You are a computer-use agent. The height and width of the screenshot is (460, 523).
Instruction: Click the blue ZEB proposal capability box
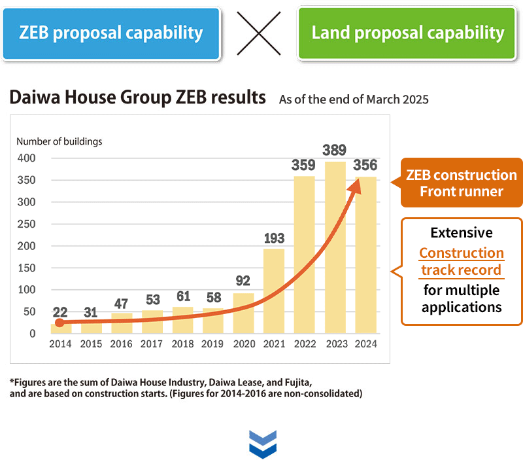pos(110,33)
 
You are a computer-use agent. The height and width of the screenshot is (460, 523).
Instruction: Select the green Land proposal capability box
pos(408,33)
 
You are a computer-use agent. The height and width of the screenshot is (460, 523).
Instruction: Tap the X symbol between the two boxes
pos(259,33)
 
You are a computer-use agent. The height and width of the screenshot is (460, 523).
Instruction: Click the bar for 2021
pos(274,291)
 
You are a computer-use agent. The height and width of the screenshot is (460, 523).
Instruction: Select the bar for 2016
pos(122,323)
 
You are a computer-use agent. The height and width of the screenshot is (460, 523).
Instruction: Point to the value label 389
pos(335,150)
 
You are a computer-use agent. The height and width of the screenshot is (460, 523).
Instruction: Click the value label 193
pos(274,238)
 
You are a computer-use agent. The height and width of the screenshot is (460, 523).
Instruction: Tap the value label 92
pos(243,281)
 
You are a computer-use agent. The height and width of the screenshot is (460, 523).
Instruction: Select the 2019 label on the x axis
pos(213,344)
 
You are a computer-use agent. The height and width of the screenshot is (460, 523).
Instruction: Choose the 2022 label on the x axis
pos(304,344)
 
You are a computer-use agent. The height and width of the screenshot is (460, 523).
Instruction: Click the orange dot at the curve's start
pos(59,323)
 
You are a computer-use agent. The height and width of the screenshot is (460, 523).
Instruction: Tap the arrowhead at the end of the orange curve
pos(355,185)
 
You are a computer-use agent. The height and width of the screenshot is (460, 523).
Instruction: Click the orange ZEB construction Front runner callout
pos(461,183)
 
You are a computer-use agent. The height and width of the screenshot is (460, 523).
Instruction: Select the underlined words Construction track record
pos(461,262)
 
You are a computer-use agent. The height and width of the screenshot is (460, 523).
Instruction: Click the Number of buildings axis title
pos(59,141)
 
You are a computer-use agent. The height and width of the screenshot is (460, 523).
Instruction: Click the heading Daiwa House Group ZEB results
pos(138,98)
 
